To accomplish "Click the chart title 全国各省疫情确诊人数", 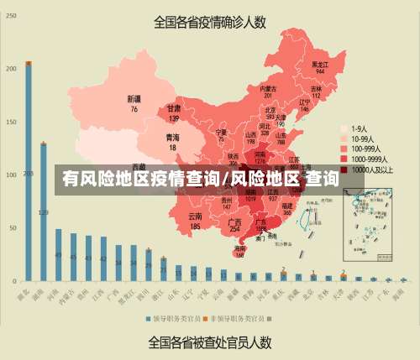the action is pos(209,22).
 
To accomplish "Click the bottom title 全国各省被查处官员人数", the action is pos(209,342).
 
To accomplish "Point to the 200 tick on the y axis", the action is pos(11,69).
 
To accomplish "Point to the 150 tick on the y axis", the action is pos(11,122).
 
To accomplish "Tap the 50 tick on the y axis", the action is pos(11,227).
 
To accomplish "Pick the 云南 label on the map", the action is pos(195,221).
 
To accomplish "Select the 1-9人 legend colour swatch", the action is pos(344,129).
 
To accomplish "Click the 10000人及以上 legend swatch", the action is pos(344,169).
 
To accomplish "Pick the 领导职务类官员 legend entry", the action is pos(177,319).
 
